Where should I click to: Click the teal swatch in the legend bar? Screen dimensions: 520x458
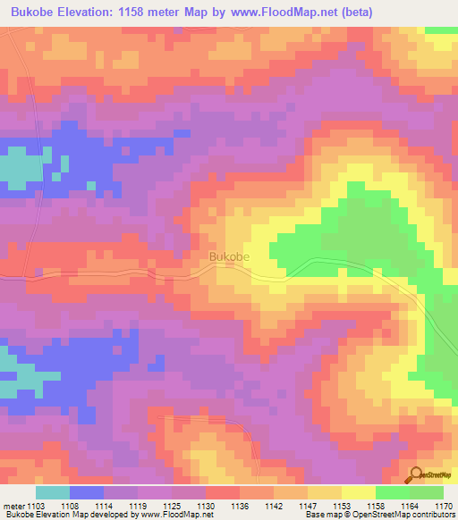pos(53,493)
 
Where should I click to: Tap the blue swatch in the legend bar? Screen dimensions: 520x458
pos(87,493)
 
